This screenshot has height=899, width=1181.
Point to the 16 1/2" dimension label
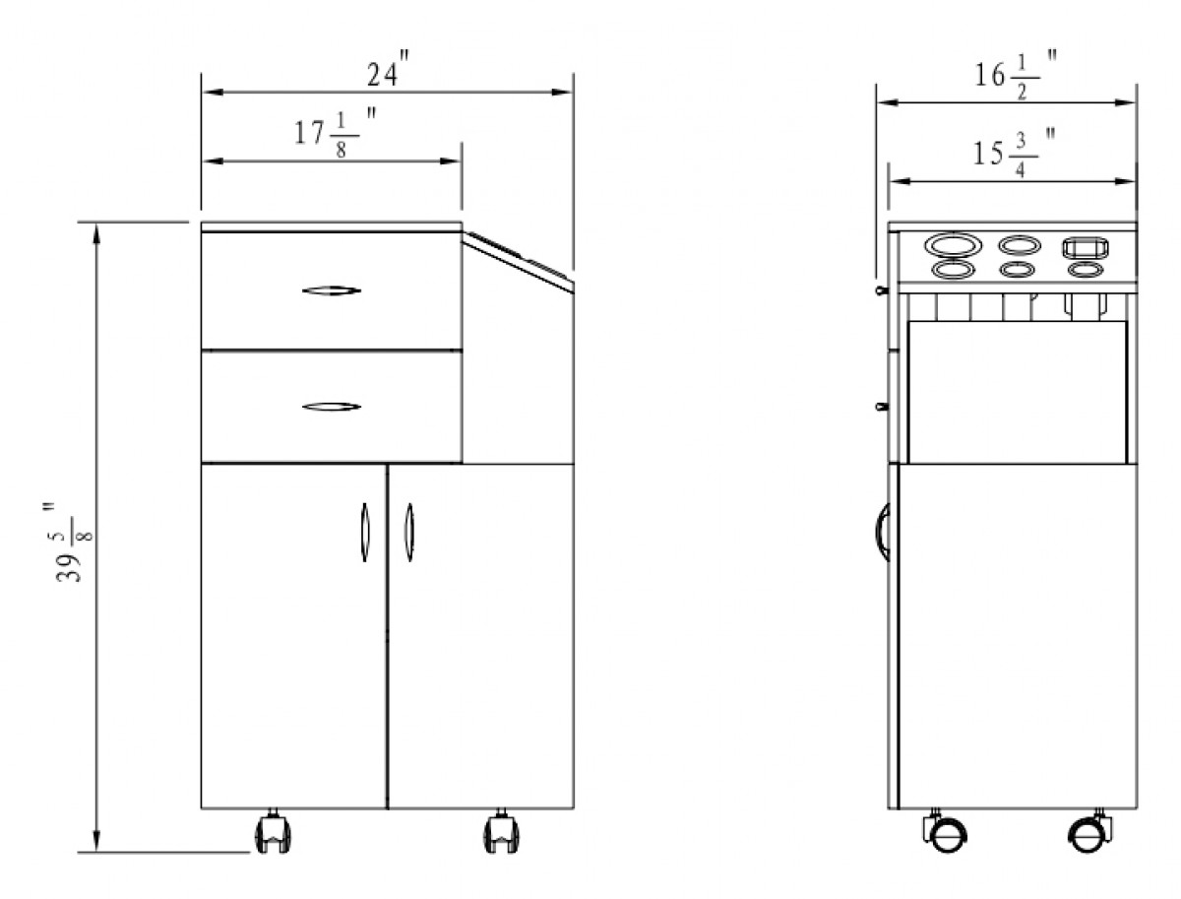tap(1015, 76)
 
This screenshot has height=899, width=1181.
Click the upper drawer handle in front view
tap(331, 290)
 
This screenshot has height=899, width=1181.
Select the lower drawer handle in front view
tap(331, 407)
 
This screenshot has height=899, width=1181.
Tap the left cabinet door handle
tap(365, 533)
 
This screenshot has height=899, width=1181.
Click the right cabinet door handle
tap(409, 533)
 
